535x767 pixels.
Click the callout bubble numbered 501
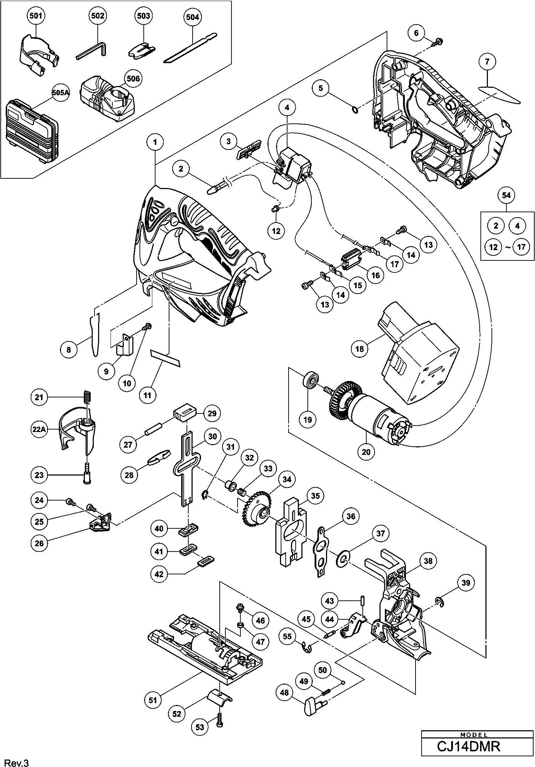(x=35, y=16)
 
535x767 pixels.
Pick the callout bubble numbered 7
(x=487, y=62)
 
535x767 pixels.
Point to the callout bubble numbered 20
(x=366, y=452)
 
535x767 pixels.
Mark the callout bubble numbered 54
(x=506, y=195)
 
